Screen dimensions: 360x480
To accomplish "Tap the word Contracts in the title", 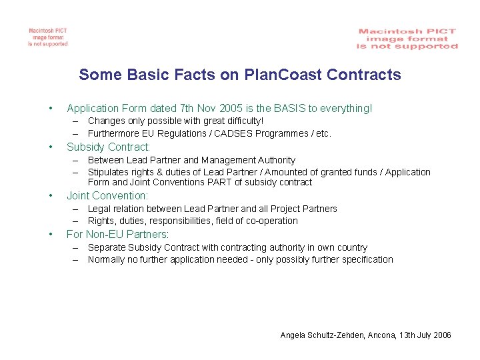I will click(x=364, y=74).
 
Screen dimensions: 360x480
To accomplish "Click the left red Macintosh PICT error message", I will click(x=47, y=37).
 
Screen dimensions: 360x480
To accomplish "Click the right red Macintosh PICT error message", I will click(x=407, y=39).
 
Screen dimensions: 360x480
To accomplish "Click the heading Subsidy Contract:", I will click(x=109, y=147).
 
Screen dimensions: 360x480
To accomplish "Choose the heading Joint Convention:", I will click(x=107, y=195).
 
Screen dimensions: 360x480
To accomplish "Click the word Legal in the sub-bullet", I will click(x=99, y=209).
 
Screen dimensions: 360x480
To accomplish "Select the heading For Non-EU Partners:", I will click(x=118, y=234).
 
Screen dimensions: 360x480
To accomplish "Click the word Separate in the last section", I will click(x=106, y=247).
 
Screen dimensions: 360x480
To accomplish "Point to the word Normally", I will click(x=107, y=259).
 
